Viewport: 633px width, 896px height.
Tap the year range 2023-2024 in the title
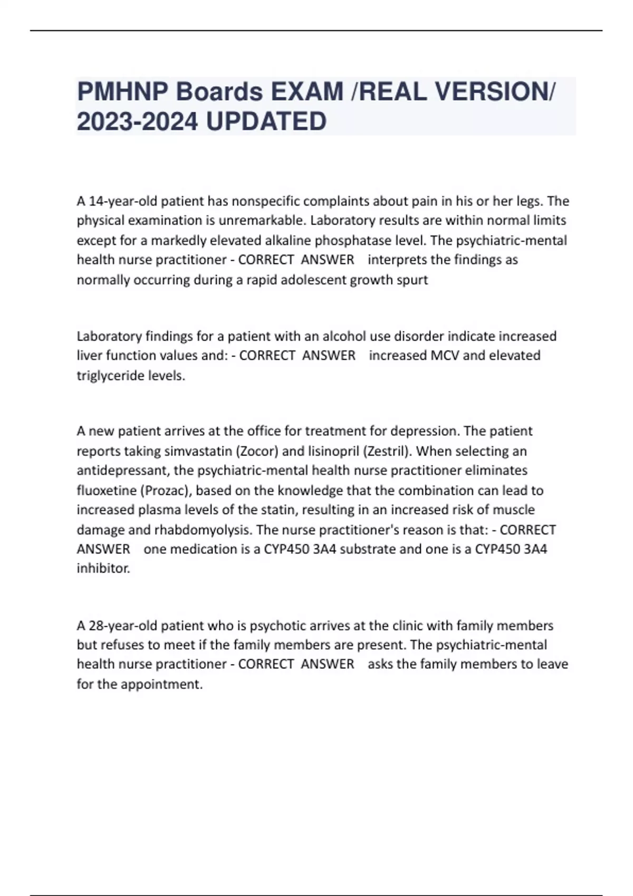coord(138,122)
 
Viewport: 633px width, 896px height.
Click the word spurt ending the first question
coord(413,279)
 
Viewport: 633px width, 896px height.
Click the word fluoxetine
coord(107,490)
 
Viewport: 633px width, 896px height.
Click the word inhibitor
coord(103,568)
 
